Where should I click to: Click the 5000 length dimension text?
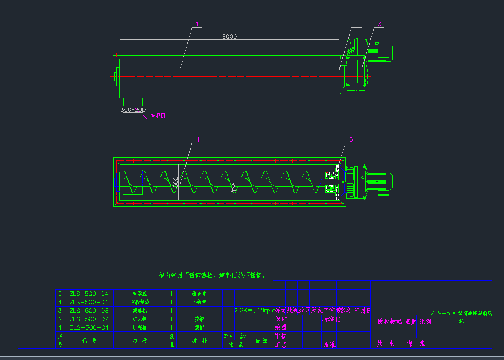(229, 37)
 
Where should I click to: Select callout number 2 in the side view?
(357, 24)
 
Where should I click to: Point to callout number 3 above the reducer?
(379, 24)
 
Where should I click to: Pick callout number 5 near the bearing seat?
(351, 139)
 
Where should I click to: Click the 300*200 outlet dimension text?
(133, 110)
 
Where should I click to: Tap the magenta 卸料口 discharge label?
(158, 115)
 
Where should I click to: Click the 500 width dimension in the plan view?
(176, 181)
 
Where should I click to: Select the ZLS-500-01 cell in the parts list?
(89, 327)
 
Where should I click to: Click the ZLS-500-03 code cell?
(89, 311)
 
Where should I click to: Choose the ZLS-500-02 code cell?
(89, 319)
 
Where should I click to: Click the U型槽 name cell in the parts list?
(140, 327)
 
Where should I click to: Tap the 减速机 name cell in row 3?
(140, 311)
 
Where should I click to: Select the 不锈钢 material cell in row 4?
(200, 302)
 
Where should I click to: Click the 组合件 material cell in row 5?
(200, 294)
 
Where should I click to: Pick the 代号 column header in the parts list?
(89, 340)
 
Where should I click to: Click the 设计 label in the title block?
(281, 319)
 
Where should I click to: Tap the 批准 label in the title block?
(329, 344)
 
